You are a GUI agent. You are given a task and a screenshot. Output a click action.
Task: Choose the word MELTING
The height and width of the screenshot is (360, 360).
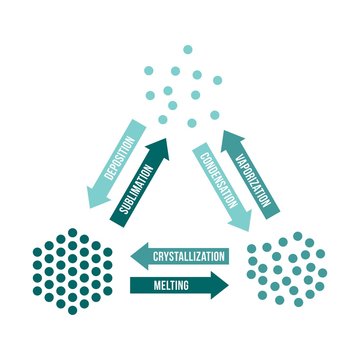click(x=168, y=286)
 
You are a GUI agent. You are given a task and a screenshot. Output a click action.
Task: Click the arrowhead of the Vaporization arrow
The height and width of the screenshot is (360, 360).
click(x=229, y=131)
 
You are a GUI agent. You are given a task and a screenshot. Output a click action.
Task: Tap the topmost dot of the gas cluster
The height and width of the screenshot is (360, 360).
click(x=186, y=49)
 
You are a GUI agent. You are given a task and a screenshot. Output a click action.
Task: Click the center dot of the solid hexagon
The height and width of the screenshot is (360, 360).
click(x=72, y=271)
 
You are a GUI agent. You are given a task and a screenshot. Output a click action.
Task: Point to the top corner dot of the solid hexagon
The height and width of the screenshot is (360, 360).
click(x=72, y=233)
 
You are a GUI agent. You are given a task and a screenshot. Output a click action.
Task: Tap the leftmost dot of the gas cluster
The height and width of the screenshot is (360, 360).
click(x=148, y=69)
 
